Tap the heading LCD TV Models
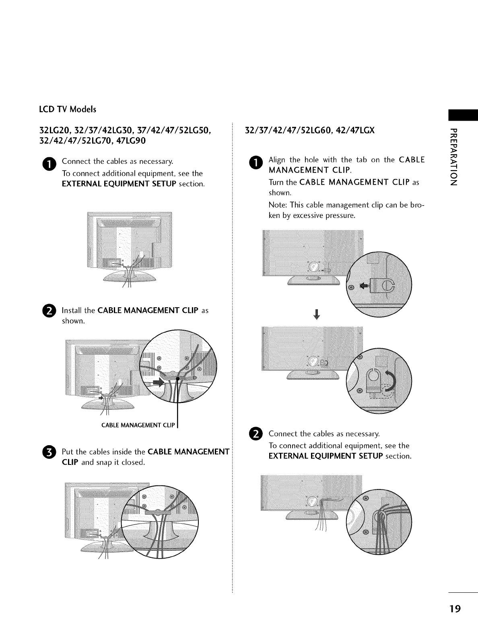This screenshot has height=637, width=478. [67, 109]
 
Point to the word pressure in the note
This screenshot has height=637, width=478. [341, 216]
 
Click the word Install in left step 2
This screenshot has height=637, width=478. [72, 311]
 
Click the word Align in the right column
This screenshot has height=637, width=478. [277, 160]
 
